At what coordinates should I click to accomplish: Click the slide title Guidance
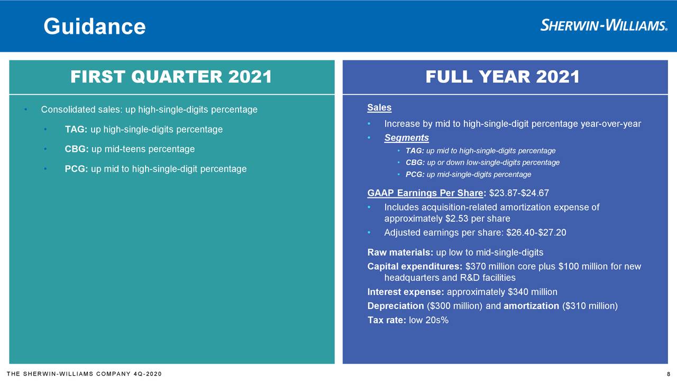pyautogui.click(x=95, y=26)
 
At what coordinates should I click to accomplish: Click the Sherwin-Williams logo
pyautogui.click(x=604, y=25)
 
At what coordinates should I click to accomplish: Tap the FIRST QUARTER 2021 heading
pyautogui.click(x=171, y=77)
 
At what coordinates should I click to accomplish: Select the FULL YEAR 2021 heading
pyautogui.click(x=502, y=77)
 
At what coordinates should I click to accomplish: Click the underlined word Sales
pyautogui.click(x=379, y=107)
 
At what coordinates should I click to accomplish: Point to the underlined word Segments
pyautogui.click(x=407, y=138)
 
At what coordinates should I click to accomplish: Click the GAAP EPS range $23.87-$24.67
pyautogui.click(x=519, y=193)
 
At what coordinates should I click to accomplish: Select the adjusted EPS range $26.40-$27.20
pyautogui.click(x=536, y=232)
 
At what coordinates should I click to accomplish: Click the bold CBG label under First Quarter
pyautogui.click(x=77, y=149)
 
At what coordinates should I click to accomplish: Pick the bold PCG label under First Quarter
pyautogui.click(x=76, y=169)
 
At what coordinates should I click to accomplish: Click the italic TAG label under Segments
pyautogui.click(x=415, y=151)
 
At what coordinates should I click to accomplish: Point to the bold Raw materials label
pyautogui.click(x=400, y=252)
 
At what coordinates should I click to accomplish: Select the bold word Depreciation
pyautogui.click(x=396, y=306)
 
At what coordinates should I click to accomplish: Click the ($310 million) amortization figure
pyautogui.click(x=590, y=306)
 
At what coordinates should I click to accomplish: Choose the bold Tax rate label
pyautogui.click(x=387, y=320)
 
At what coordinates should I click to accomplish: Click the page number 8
pyautogui.click(x=669, y=374)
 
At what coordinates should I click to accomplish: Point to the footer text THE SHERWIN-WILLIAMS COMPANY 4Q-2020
pyautogui.click(x=84, y=374)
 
